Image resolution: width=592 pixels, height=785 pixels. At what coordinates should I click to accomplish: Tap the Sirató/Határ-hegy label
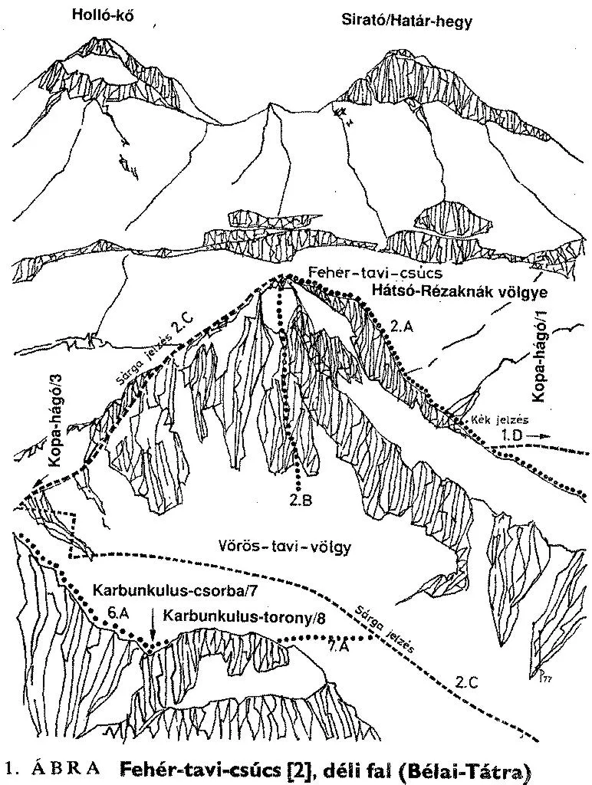pos(406,21)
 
